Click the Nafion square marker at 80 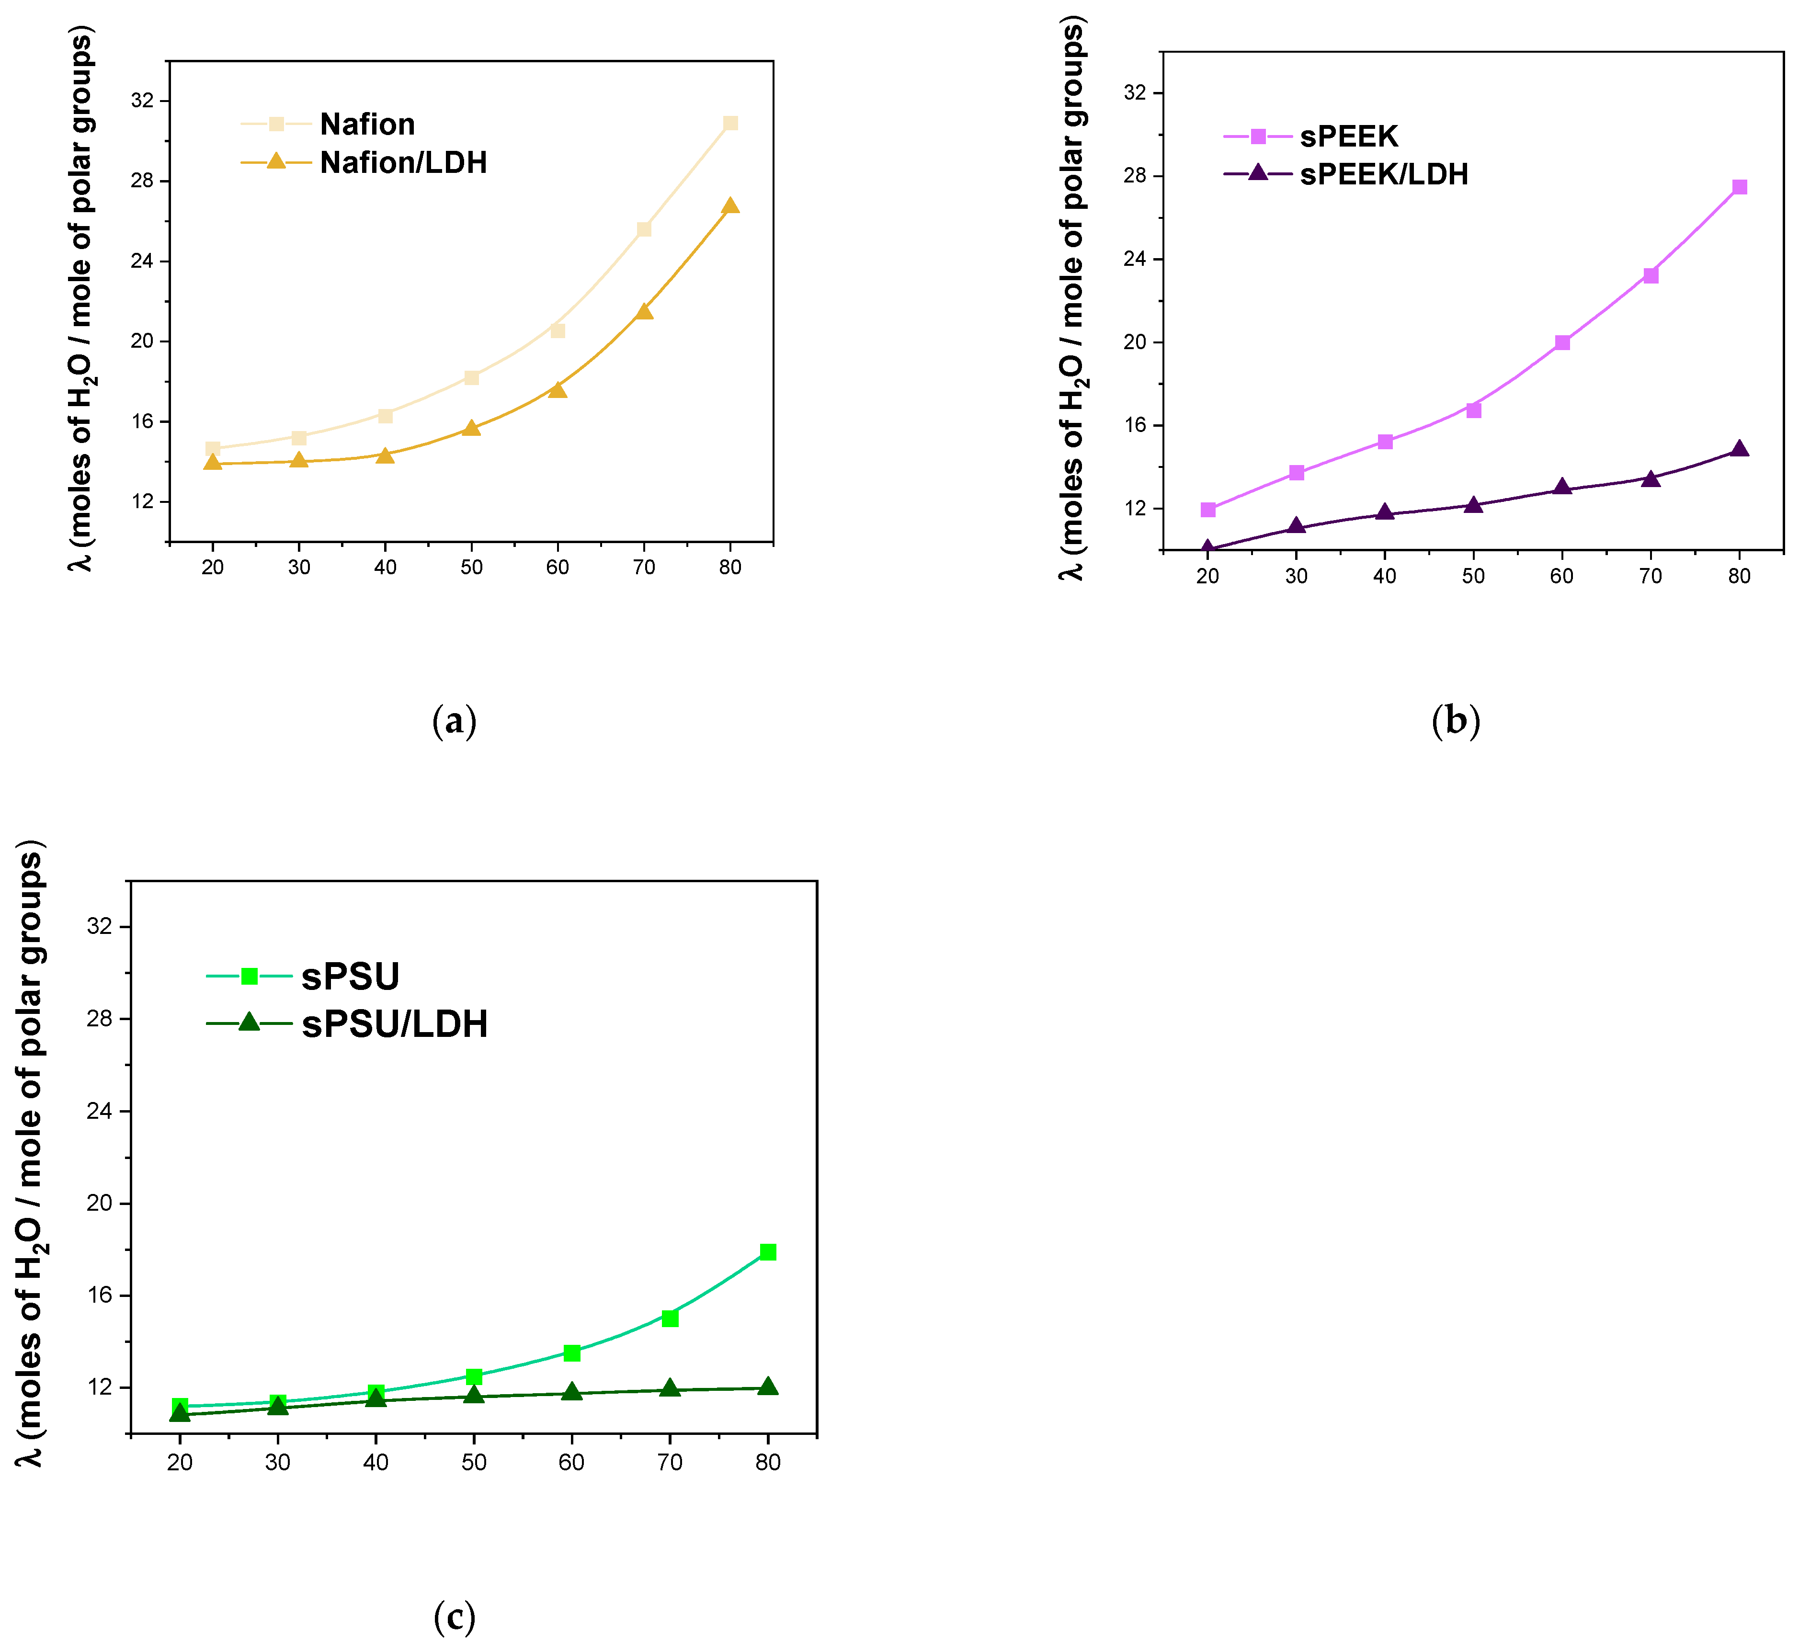pos(730,123)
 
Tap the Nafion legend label pos(367,124)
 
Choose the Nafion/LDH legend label pos(403,162)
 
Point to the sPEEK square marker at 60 pos(1561,342)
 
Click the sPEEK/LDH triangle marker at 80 pos(1738,449)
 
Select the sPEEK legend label pos(1348,136)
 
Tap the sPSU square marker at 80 pos(767,1252)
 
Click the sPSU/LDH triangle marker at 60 pos(572,1392)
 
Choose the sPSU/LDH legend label pos(394,1024)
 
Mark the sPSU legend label pos(350,977)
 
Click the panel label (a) pos(454,720)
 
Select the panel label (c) pos(454,1617)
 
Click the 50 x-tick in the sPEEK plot pos(1472,577)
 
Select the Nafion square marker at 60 pos(558,331)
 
